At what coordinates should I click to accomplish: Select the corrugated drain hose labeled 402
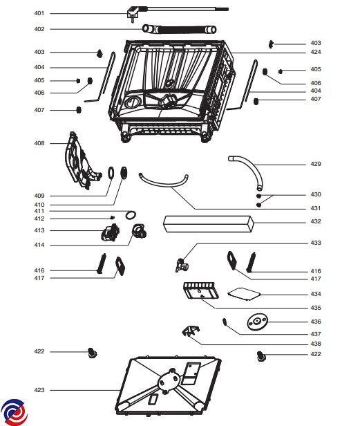pyautogui.click(x=179, y=29)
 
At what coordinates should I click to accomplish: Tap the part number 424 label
pyautogui.click(x=316, y=52)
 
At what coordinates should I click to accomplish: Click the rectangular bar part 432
pyautogui.click(x=209, y=224)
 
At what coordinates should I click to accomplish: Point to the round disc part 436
pyautogui.click(x=257, y=322)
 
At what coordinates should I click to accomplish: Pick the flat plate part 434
pyautogui.click(x=244, y=294)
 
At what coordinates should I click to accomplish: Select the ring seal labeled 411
pyautogui.click(x=131, y=215)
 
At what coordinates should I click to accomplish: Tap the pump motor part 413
pyautogui.click(x=110, y=232)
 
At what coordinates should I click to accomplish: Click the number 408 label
pyautogui.click(x=39, y=143)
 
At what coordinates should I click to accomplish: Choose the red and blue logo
pyautogui.click(x=14, y=412)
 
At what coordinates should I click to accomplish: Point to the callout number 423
pyautogui.click(x=39, y=390)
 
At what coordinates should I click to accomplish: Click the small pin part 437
pyautogui.click(x=225, y=322)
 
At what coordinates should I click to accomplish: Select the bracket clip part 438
pyautogui.click(x=191, y=331)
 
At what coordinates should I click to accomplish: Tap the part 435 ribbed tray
pyautogui.click(x=200, y=290)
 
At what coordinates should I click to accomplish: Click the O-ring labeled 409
pyautogui.click(x=111, y=173)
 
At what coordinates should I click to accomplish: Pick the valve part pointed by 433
pyautogui.click(x=182, y=265)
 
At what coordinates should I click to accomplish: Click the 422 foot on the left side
pyautogui.click(x=93, y=353)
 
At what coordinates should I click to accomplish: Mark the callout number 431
pyautogui.click(x=316, y=208)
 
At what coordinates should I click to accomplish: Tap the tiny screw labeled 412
pyautogui.click(x=112, y=217)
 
